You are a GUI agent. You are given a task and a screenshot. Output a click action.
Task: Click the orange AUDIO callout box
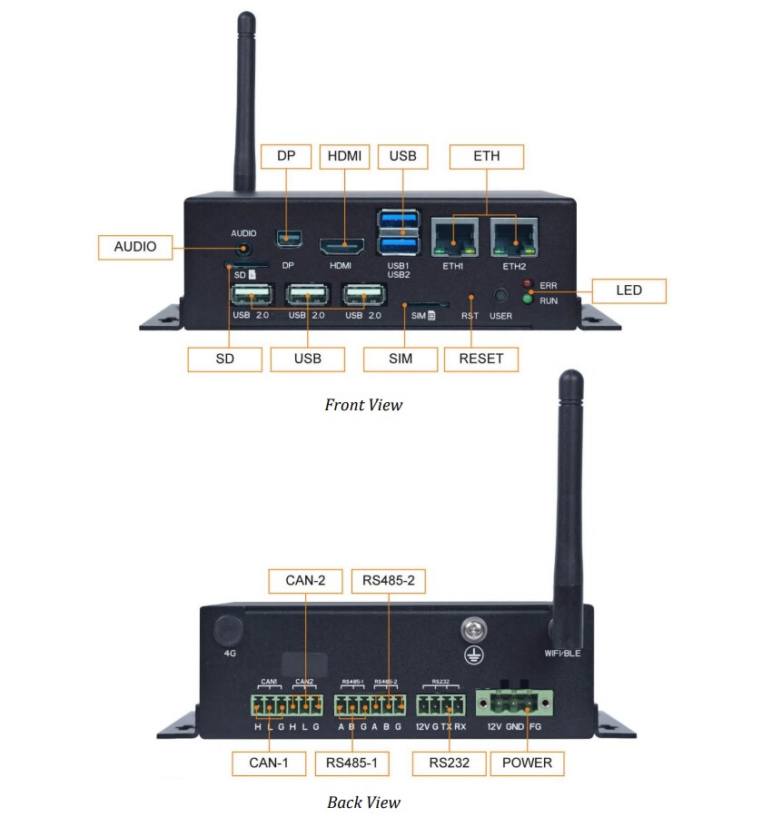(x=135, y=246)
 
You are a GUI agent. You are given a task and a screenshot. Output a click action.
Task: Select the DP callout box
(x=286, y=156)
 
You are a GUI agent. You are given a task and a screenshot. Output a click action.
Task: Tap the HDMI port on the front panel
(x=341, y=246)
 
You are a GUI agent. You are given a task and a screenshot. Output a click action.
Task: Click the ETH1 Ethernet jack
(x=453, y=236)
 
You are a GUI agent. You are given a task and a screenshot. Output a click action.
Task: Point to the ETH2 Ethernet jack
(x=514, y=236)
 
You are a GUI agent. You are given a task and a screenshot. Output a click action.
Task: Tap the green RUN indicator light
(x=526, y=298)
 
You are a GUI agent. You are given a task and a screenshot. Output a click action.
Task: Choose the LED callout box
(x=628, y=290)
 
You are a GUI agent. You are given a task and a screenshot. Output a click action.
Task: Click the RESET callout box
(x=481, y=358)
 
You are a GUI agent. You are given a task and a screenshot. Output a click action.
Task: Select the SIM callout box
(x=400, y=358)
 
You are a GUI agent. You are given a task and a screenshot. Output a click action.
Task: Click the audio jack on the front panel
(x=242, y=245)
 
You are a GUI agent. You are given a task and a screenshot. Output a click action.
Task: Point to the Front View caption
(x=363, y=405)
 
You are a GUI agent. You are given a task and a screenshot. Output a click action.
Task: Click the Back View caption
(x=363, y=802)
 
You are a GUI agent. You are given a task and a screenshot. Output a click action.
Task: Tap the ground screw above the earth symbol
(x=471, y=628)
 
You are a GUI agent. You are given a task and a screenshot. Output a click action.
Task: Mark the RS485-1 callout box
(x=352, y=763)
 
